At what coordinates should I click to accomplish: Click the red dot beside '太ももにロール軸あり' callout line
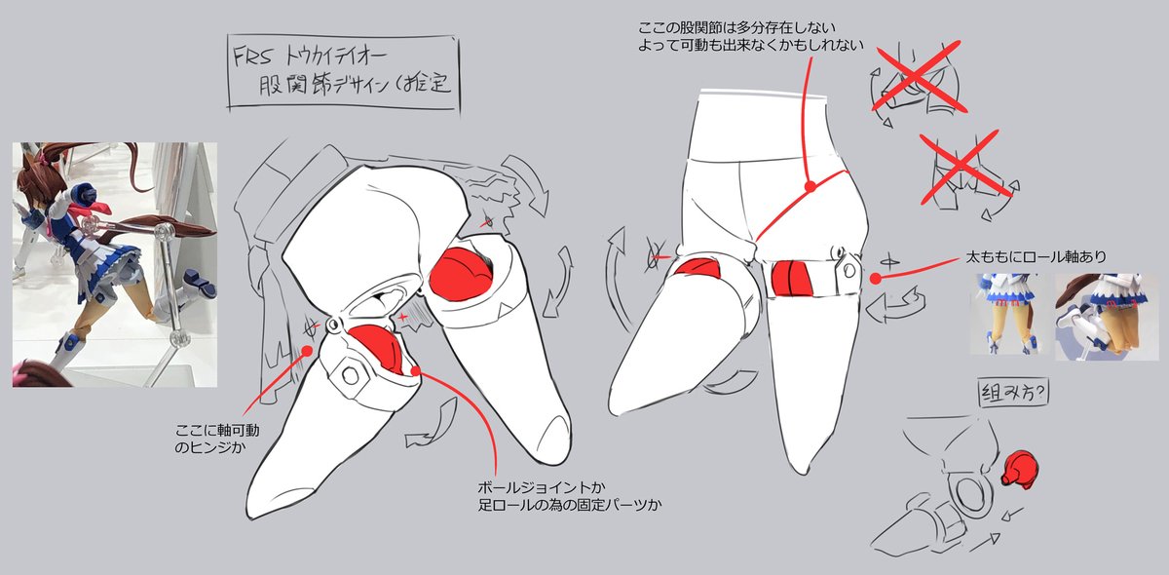pos(876,279)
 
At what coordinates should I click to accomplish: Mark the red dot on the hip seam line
pos(811,184)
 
